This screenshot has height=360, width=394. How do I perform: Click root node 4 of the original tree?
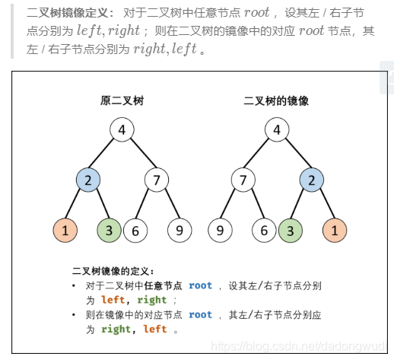(122, 129)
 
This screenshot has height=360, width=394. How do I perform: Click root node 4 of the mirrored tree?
(277, 129)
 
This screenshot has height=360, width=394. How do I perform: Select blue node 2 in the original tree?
(88, 180)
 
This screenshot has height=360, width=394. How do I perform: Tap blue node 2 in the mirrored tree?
(310, 180)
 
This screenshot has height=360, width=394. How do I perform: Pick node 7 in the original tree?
(157, 180)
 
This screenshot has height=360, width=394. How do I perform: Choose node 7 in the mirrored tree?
(243, 180)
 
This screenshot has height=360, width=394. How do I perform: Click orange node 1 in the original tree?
(65, 230)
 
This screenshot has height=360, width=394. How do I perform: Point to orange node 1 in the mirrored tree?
(335, 230)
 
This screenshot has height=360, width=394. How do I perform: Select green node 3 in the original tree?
(110, 230)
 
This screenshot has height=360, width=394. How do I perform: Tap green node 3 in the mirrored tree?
(290, 230)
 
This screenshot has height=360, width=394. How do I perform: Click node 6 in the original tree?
(135, 230)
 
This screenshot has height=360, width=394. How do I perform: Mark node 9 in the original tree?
(180, 230)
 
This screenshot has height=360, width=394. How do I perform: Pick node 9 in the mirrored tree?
(220, 230)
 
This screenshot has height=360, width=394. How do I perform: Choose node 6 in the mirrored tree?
(265, 230)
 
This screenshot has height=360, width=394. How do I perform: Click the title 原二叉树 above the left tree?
(122, 100)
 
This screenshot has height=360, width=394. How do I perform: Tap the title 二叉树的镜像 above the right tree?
(276, 100)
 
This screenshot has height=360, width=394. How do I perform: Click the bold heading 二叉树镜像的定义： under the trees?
(113, 270)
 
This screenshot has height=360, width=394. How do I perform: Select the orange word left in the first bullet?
(113, 300)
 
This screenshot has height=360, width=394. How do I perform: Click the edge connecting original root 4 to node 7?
(139, 155)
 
